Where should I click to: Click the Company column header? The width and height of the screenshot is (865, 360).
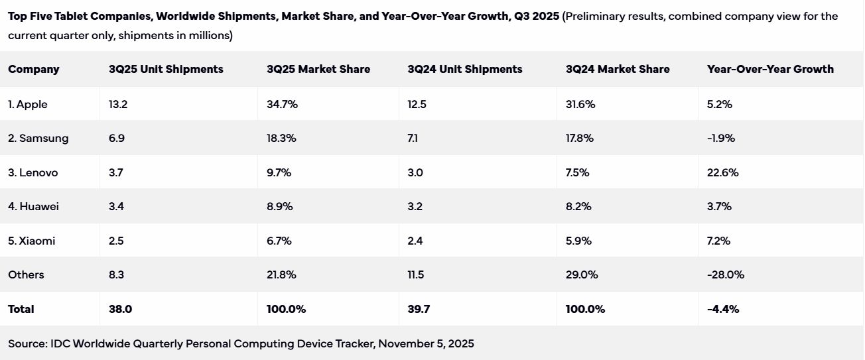click(34, 69)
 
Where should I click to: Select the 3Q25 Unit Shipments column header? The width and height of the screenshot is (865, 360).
click(166, 69)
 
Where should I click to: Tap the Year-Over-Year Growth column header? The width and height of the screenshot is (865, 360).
click(770, 69)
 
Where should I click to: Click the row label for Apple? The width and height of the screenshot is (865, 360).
click(28, 104)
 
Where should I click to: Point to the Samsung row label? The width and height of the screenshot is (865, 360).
click(38, 138)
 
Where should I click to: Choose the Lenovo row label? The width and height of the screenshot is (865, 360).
click(33, 172)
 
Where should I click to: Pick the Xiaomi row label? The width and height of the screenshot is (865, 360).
click(32, 241)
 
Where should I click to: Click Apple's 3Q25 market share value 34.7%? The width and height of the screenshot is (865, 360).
click(281, 104)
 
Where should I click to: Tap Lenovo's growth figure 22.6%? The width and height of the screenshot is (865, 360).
click(722, 172)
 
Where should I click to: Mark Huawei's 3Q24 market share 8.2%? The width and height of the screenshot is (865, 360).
click(579, 206)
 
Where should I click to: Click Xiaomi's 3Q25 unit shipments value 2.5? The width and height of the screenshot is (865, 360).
click(116, 241)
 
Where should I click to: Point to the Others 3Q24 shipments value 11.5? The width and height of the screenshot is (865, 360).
click(416, 274)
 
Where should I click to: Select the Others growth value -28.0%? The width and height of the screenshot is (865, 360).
click(726, 274)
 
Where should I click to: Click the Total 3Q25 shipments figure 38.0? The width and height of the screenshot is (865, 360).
click(119, 309)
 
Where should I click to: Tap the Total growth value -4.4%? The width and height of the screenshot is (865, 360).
click(723, 309)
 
